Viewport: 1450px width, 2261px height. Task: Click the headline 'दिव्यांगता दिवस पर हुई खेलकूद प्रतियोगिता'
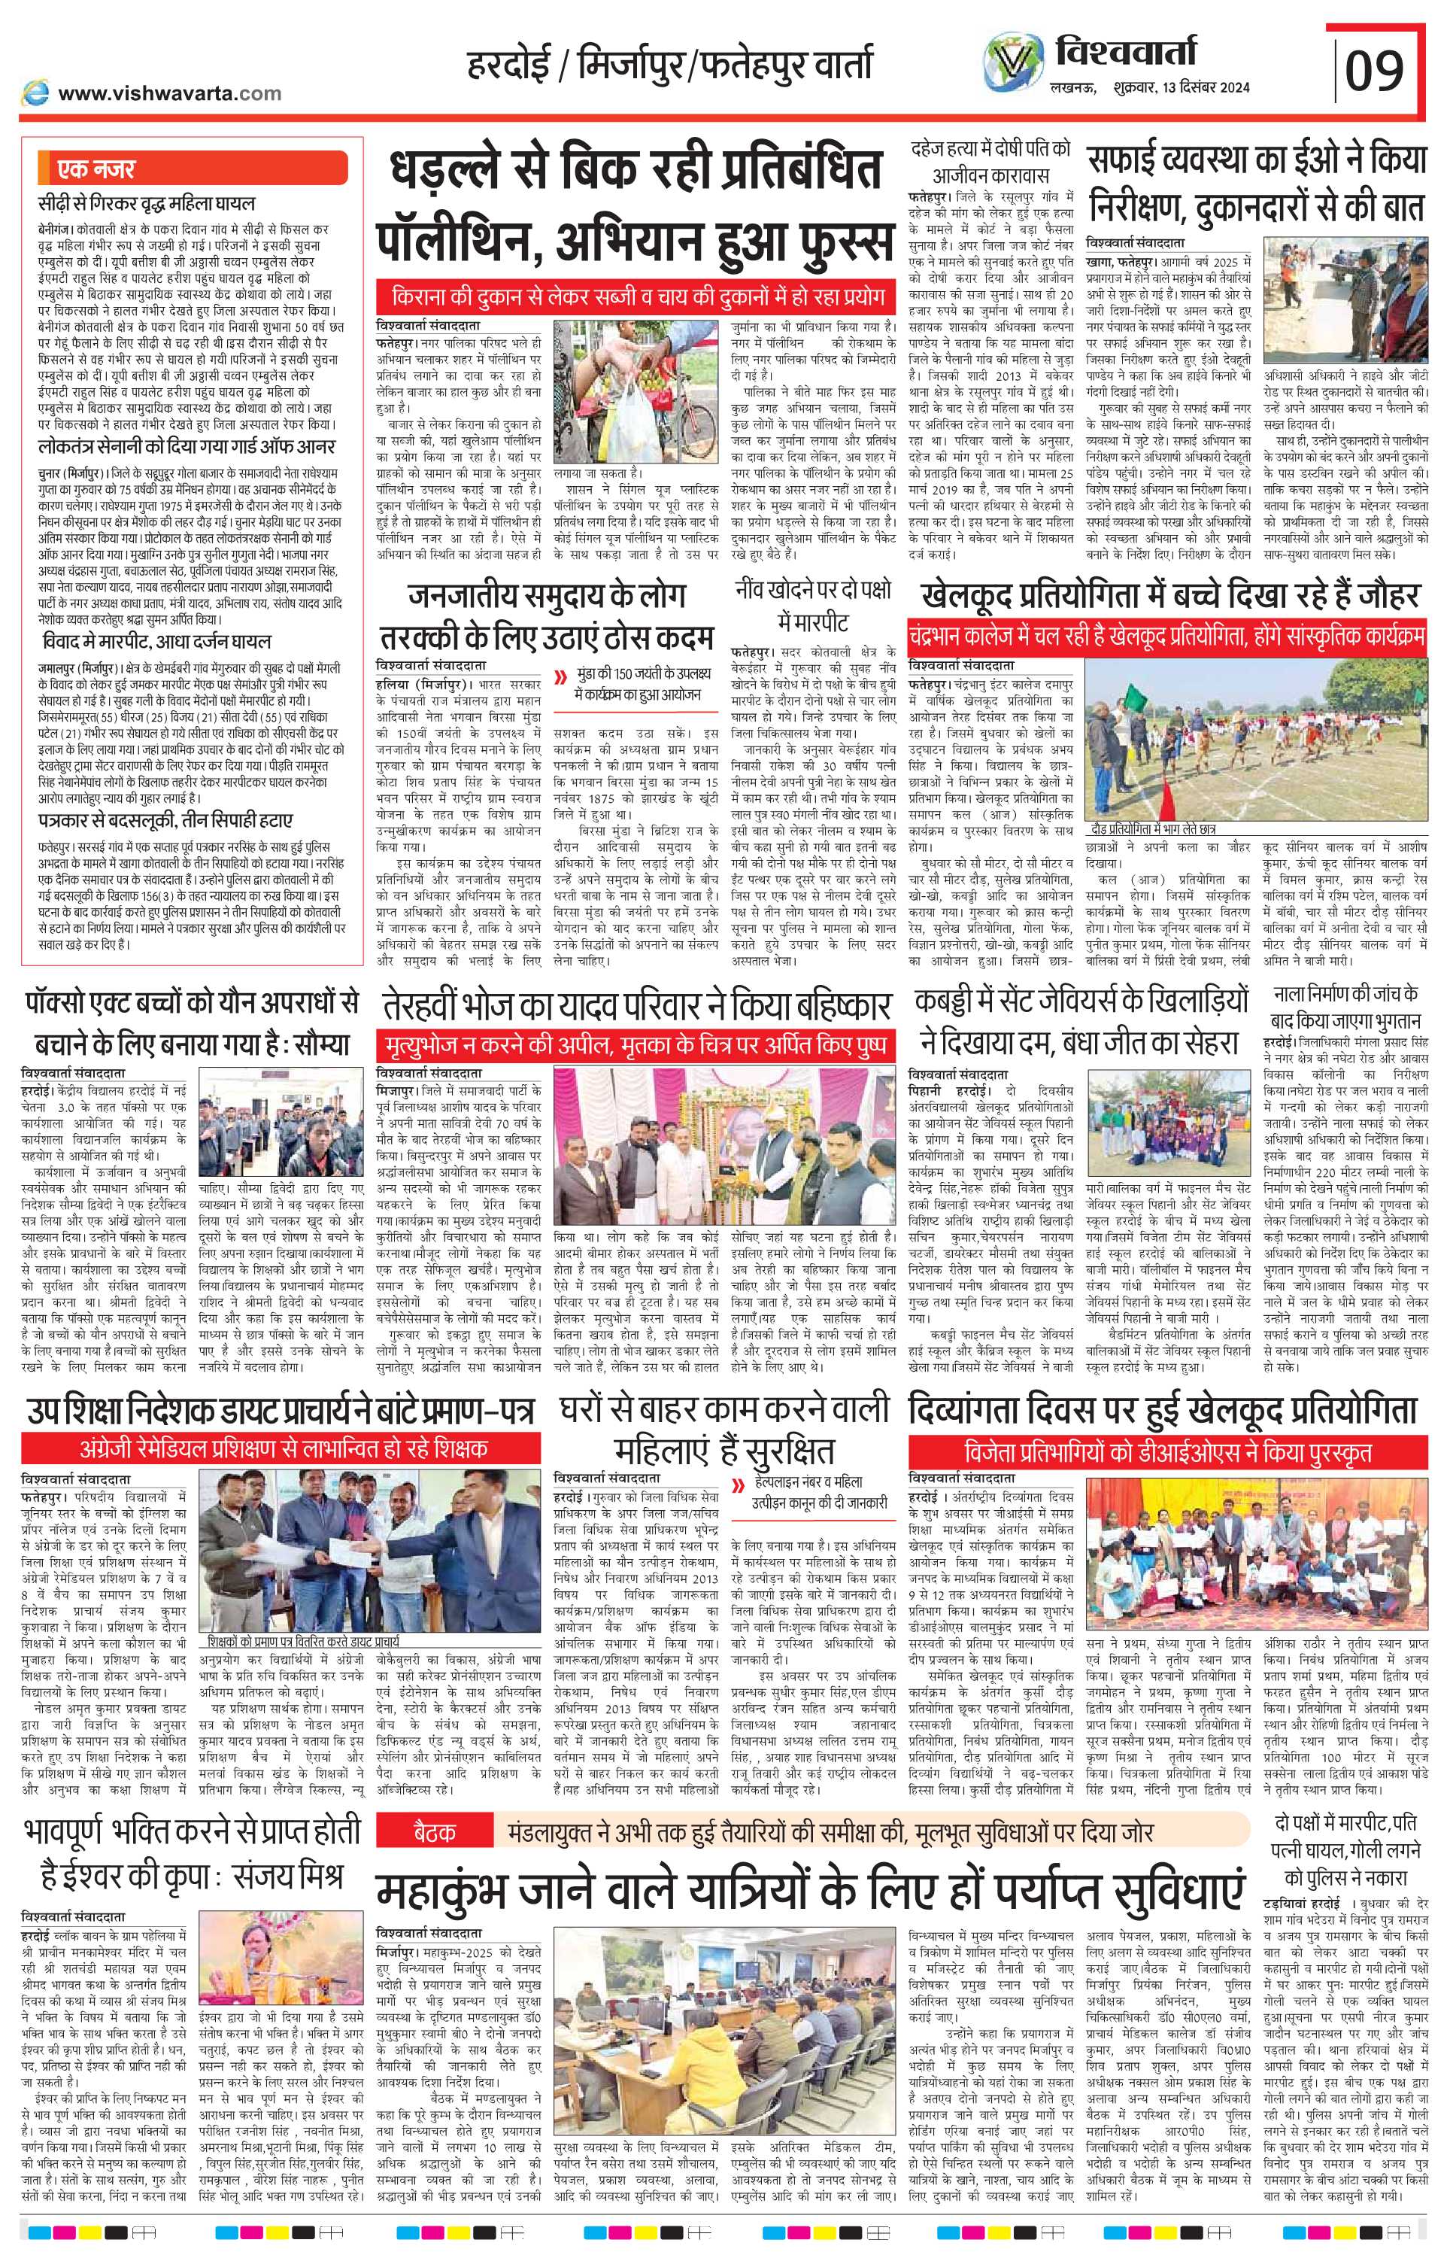[1162, 1411]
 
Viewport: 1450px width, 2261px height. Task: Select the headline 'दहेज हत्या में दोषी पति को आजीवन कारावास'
[991, 162]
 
